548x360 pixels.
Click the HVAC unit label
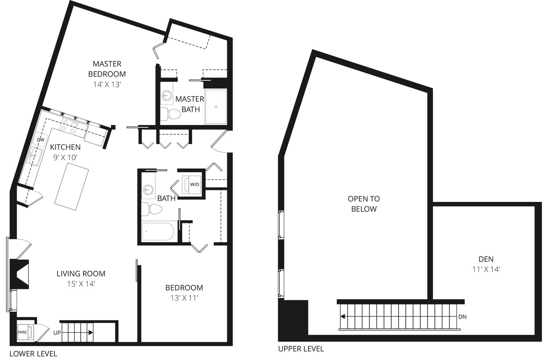pyautogui.click(x=23, y=332)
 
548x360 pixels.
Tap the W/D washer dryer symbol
pyautogui.click(x=194, y=184)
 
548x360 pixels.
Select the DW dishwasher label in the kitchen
pyautogui.click(x=41, y=140)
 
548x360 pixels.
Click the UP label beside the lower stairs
pyautogui.click(x=57, y=333)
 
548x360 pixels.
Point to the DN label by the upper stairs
pyautogui.click(x=462, y=317)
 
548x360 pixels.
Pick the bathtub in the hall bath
pyautogui.click(x=158, y=231)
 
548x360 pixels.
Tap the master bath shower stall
pyautogui.click(x=216, y=106)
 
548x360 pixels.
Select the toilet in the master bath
pyautogui.click(x=171, y=114)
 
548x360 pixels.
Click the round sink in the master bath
pyautogui.click(x=167, y=95)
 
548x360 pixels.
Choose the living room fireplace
pyautogui.click(x=20, y=274)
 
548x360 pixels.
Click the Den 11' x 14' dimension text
pyautogui.click(x=486, y=269)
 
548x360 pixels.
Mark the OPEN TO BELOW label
pyautogui.click(x=364, y=204)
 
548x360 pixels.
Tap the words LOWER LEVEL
pyautogui.click(x=33, y=353)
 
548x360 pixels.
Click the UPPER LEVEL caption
pyautogui.click(x=301, y=349)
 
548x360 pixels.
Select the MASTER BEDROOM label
pyautogui.click(x=107, y=69)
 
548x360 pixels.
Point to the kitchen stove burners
pyautogui.click(x=69, y=126)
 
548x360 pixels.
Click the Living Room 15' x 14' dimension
pyautogui.click(x=81, y=284)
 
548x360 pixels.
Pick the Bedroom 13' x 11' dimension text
pyautogui.click(x=184, y=298)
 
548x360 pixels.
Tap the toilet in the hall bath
pyautogui.click(x=151, y=208)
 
